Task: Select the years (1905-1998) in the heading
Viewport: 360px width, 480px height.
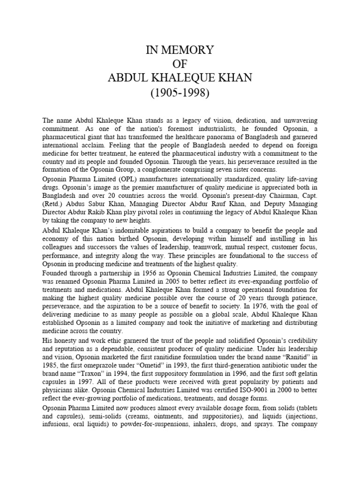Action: tap(180, 92)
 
